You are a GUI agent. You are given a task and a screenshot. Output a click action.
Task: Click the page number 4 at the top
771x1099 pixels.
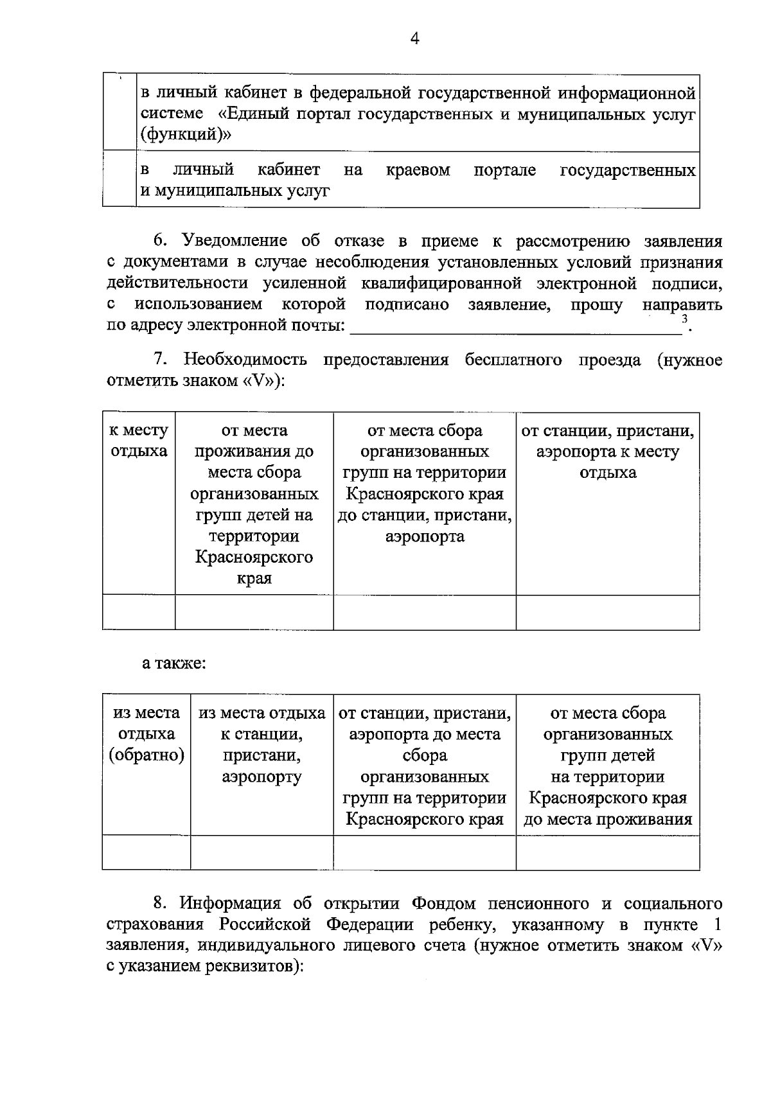[x=414, y=39]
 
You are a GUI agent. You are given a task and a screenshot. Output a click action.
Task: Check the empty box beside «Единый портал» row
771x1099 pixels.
[x=120, y=113]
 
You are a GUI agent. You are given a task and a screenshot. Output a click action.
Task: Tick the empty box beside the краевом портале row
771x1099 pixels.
[x=120, y=179]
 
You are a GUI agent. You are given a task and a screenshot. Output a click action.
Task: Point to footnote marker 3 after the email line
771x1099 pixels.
[x=685, y=319]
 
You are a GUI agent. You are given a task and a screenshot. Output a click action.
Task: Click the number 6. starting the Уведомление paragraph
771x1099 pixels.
[x=161, y=242]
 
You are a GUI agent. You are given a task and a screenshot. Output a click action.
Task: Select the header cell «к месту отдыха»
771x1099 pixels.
[x=139, y=441]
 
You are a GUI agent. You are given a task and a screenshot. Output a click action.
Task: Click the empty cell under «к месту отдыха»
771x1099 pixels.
[x=139, y=611]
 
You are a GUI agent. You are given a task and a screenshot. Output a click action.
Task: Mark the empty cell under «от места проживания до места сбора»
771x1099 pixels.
[x=254, y=611]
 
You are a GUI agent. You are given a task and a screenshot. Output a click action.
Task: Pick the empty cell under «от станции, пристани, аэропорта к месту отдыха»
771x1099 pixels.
[x=608, y=611]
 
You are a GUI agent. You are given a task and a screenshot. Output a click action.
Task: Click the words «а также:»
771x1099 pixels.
[x=173, y=663]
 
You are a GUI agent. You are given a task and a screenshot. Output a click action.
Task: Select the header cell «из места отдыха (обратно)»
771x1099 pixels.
[x=146, y=734]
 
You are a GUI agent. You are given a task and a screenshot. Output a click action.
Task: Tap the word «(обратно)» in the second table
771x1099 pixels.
[x=146, y=755]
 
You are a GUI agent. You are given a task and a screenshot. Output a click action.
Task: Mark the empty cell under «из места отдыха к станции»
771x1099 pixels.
[x=261, y=852]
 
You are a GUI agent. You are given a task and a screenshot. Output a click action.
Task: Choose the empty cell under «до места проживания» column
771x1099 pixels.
[x=608, y=852]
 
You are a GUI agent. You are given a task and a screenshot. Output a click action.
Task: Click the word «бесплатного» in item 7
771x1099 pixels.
[x=513, y=360]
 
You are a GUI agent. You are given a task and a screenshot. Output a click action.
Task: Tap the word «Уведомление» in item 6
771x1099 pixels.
[x=235, y=242]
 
